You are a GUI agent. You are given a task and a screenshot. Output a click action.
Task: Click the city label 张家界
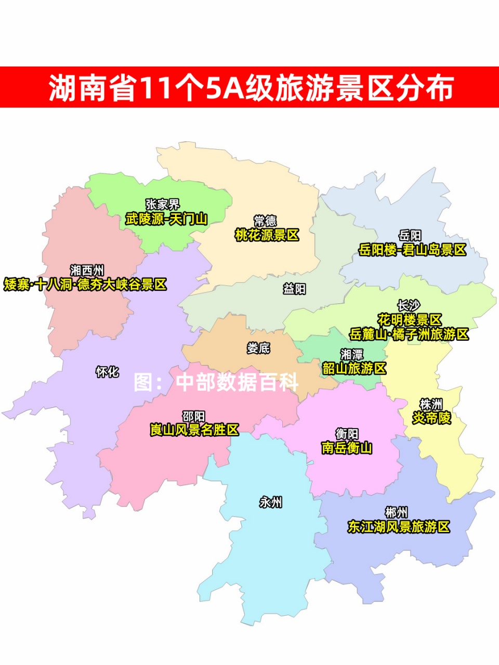click(x=162, y=205)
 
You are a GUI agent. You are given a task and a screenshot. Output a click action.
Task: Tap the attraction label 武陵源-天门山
click(x=166, y=219)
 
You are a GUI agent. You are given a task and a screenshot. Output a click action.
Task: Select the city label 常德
click(x=265, y=221)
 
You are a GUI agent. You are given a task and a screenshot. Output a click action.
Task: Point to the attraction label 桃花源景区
click(x=267, y=235)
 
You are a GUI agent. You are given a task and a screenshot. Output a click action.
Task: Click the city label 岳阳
click(x=410, y=236)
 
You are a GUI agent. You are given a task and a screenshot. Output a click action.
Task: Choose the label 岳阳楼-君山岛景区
click(x=412, y=250)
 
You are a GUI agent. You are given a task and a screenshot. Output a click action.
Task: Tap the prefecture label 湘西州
click(x=87, y=270)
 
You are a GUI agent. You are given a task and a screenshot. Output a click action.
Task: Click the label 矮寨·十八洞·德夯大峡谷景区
click(x=85, y=285)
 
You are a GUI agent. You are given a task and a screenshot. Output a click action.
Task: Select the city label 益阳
click(x=294, y=289)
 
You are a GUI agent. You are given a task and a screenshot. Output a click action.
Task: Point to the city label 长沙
click(x=409, y=305)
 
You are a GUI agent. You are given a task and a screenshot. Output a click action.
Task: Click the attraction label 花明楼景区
click(x=410, y=320)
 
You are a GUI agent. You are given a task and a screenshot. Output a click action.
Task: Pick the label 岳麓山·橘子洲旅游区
click(x=409, y=334)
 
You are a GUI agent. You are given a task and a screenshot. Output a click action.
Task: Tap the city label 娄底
click(x=258, y=348)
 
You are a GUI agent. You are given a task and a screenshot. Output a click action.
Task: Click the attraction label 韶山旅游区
click(x=354, y=368)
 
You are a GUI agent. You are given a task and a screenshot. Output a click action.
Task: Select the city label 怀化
click(x=107, y=372)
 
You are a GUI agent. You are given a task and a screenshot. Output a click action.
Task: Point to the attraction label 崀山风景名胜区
click(x=194, y=430)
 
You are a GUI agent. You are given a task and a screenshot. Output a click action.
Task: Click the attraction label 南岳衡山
click(x=347, y=447)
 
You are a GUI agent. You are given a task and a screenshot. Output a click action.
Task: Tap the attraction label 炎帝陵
click(x=431, y=418)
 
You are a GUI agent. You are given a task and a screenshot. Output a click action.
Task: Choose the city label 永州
click(x=271, y=502)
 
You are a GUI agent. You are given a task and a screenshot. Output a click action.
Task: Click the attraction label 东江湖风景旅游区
click(x=399, y=527)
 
